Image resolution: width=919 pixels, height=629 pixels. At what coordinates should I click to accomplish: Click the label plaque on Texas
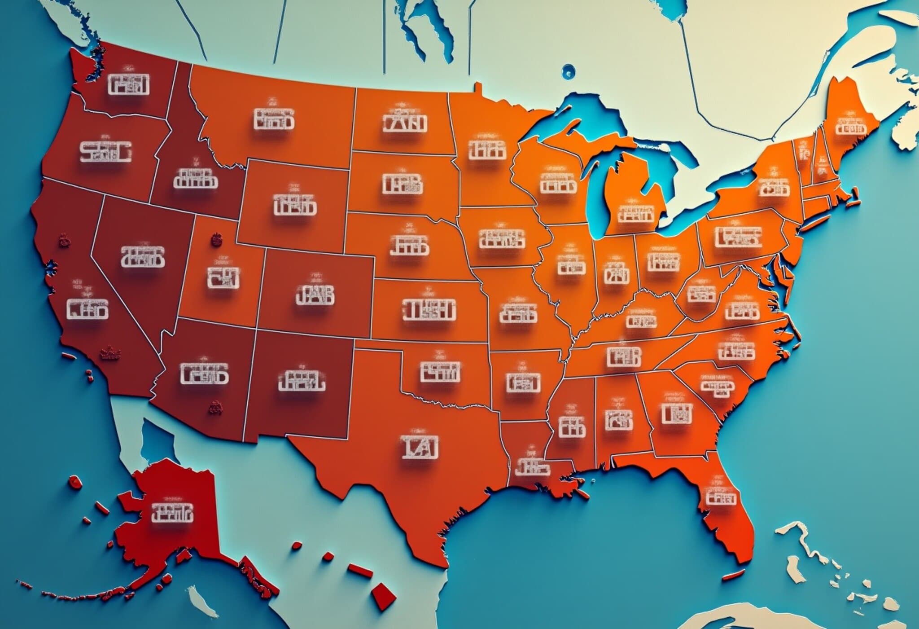tap(420, 447)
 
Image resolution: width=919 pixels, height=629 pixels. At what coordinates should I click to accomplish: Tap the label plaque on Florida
tap(721, 498)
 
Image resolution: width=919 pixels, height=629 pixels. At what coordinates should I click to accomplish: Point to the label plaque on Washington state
tap(129, 84)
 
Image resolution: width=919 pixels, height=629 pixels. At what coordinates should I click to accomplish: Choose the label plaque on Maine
tap(850, 128)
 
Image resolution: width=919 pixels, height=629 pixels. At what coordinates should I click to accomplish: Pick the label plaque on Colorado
tap(315, 295)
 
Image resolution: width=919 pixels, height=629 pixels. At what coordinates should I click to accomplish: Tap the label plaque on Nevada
tap(143, 257)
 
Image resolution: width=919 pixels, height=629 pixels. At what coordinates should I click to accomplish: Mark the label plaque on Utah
tap(223, 277)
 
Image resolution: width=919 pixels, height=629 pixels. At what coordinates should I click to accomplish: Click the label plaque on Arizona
tap(204, 374)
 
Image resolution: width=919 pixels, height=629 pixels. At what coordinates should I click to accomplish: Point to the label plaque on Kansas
tap(429, 310)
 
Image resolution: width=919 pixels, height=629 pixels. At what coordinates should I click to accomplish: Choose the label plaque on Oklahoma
tap(440, 372)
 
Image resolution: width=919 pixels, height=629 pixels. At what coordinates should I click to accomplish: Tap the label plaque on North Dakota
tap(404, 123)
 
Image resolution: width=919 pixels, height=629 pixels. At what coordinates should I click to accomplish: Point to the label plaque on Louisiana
tap(532, 467)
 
